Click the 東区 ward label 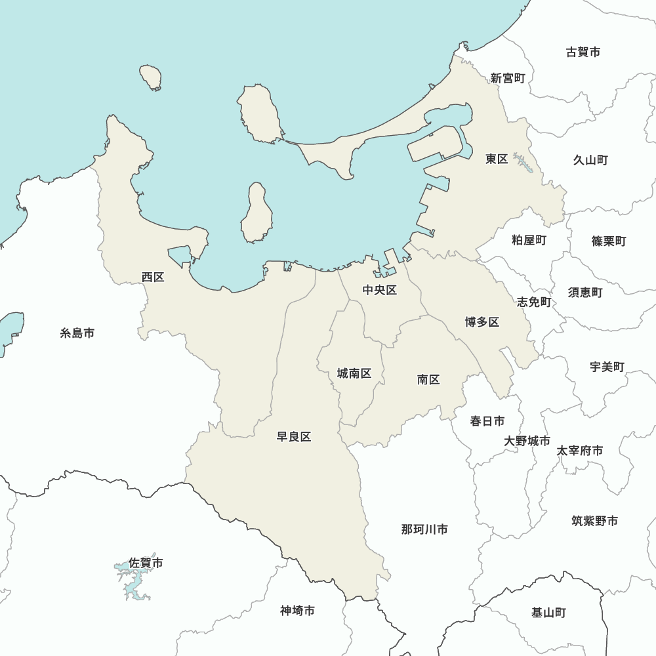tap(497, 159)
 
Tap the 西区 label tap(153, 277)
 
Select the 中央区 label tap(380, 290)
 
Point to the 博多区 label tap(482, 321)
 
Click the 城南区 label tap(354, 373)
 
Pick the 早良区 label tap(293, 437)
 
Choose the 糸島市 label tap(77, 333)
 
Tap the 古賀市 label tap(583, 52)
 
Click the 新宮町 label tap(508, 78)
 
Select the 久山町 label tap(590, 159)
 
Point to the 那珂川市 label tap(424, 529)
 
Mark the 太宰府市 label tap(580, 451)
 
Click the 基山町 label tap(548, 613)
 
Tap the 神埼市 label tap(297, 611)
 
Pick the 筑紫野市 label tap(594, 521)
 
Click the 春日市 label tap(487, 420)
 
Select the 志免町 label tap(534, 302)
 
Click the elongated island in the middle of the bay tap(256, 213)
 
